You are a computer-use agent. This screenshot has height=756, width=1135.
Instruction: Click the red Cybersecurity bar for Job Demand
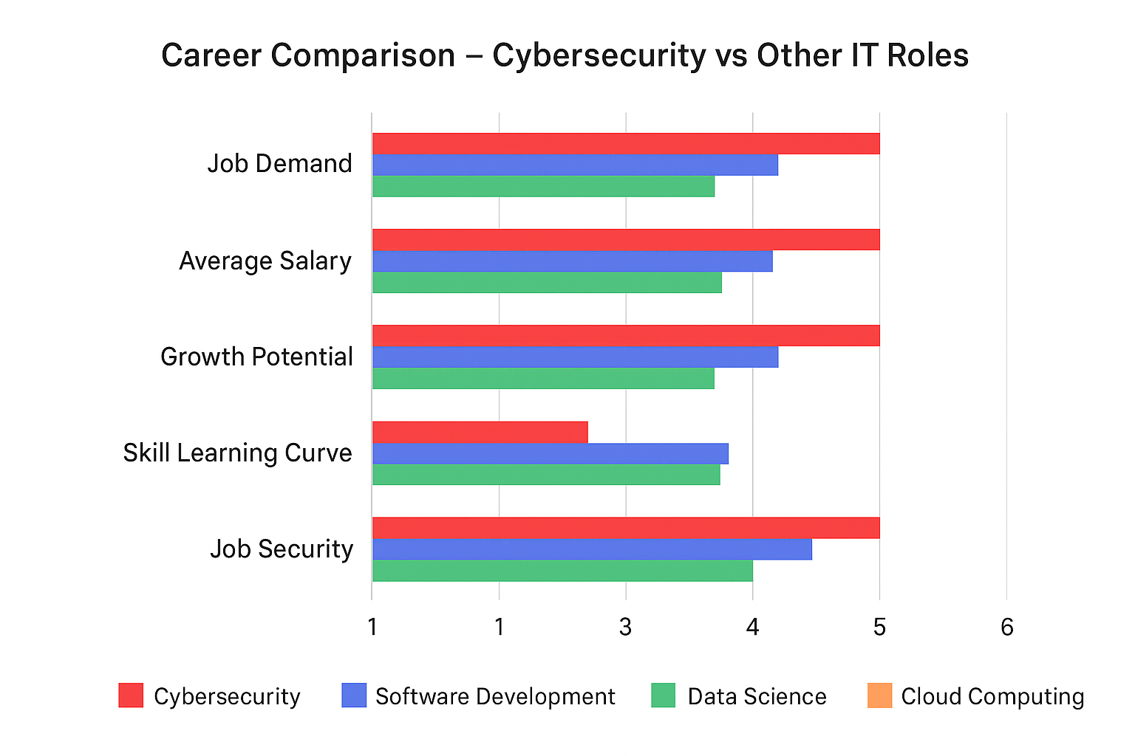point(626,144)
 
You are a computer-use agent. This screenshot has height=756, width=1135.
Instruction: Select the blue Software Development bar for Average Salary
point(572,261)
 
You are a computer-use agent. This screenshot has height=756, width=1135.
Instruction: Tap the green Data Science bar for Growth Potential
point(543,379)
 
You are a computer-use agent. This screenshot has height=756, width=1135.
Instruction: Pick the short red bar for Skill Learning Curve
point(480,432)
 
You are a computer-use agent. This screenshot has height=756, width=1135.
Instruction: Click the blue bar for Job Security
point(592,549)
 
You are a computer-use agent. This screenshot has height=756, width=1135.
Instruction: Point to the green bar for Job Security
point(562,571)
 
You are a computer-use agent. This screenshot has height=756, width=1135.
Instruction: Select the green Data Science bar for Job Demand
point(543,187)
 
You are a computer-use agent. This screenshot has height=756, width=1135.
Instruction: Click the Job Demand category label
point(279,164)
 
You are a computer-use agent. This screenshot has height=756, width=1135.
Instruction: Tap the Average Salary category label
point(265,261)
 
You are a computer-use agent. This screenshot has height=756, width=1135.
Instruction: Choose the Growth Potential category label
point(256,357)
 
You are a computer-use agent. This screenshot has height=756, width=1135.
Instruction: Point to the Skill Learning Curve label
point(237,453)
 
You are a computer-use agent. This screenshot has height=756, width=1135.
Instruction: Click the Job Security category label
point(282,549)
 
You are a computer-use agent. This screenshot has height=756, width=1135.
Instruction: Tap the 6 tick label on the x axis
point(1006,628)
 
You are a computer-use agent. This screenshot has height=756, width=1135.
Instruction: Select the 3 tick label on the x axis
point(626,628)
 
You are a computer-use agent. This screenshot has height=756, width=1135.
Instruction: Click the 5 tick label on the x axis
point(879,628)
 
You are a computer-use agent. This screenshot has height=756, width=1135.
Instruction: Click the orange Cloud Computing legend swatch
point(879,695)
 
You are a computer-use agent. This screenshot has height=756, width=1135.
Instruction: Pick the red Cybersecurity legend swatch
point(131,695)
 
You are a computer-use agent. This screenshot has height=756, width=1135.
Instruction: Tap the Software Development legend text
point(495,697)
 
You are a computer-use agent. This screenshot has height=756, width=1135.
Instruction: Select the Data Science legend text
point(757,697)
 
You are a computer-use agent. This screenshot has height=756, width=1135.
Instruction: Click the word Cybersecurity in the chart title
point(599,56)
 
